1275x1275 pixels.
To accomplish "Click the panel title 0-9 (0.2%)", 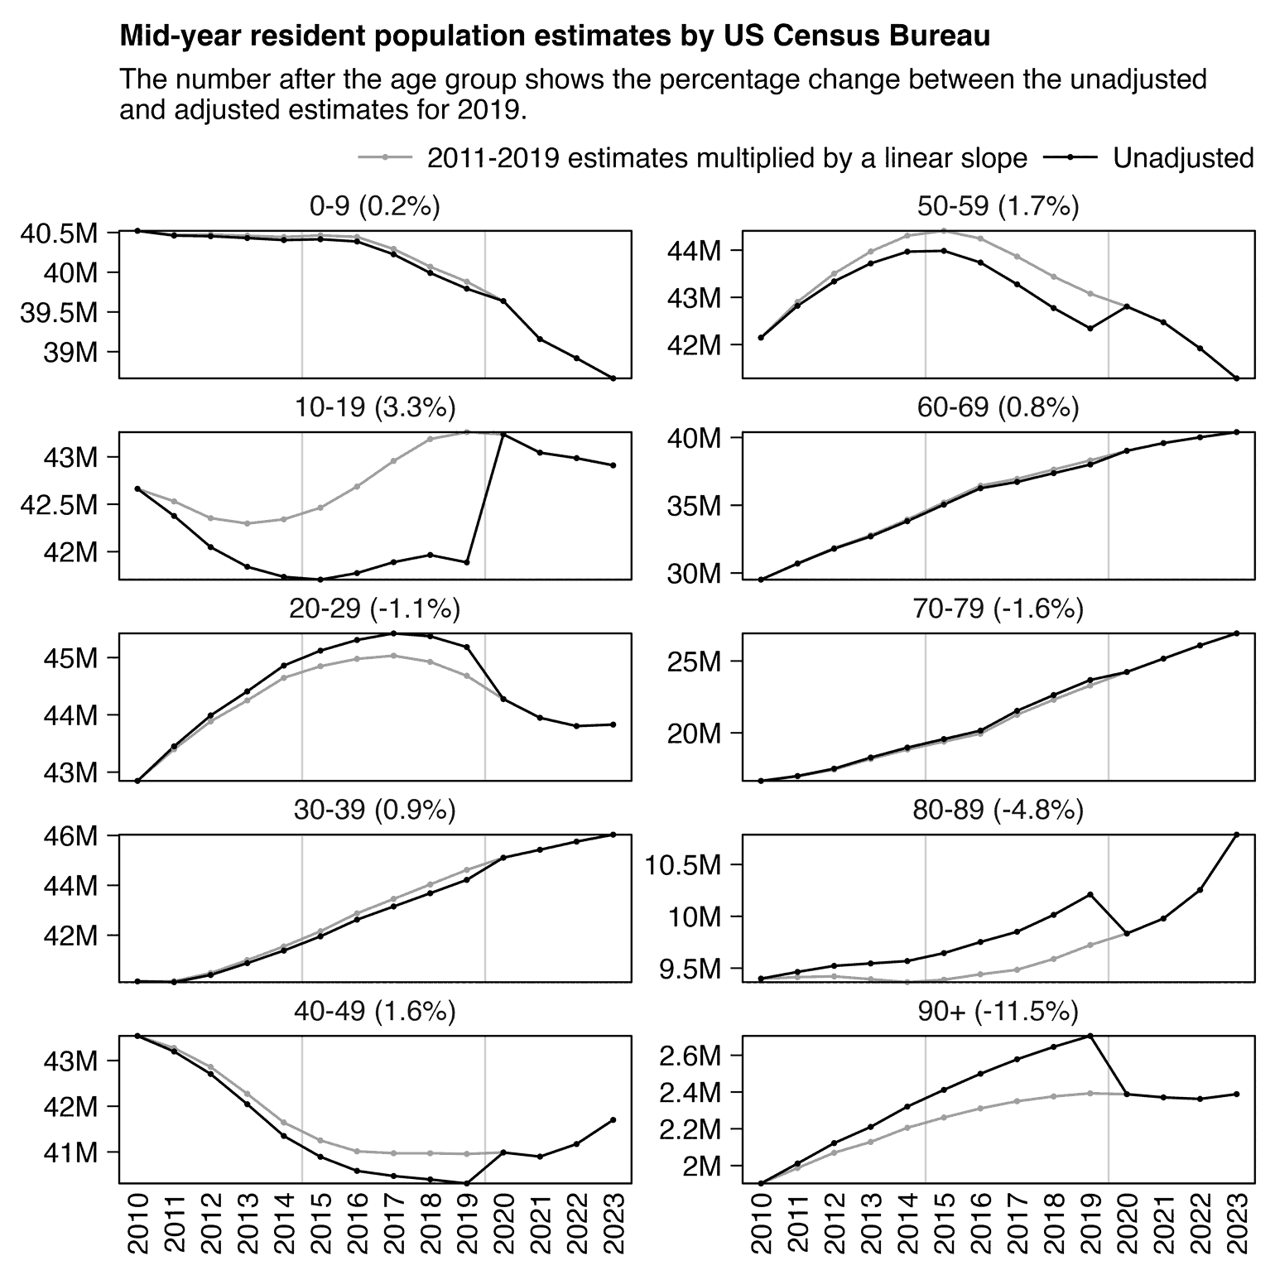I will tap(375, 207).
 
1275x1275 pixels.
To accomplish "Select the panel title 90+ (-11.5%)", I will tap(998, 1012).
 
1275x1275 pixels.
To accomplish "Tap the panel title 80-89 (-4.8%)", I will tap(998, 811).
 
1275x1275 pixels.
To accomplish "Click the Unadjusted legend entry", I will tap(1182, 157).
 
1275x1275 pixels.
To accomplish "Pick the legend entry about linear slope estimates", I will tap(726, 157).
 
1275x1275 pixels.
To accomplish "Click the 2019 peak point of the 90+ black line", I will tap(1090, 1036).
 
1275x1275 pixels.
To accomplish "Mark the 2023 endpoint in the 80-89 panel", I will tap(1237, 835).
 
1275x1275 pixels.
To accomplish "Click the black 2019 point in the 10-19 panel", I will tap(467, 562).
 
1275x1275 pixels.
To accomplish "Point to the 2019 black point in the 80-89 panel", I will tap(1090, 894).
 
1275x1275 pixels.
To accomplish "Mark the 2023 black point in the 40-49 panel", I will tap(613, 1120).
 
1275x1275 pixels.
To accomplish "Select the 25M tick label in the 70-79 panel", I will tap(700, 662).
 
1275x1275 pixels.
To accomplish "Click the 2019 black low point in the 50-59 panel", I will tap(1090, 329).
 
